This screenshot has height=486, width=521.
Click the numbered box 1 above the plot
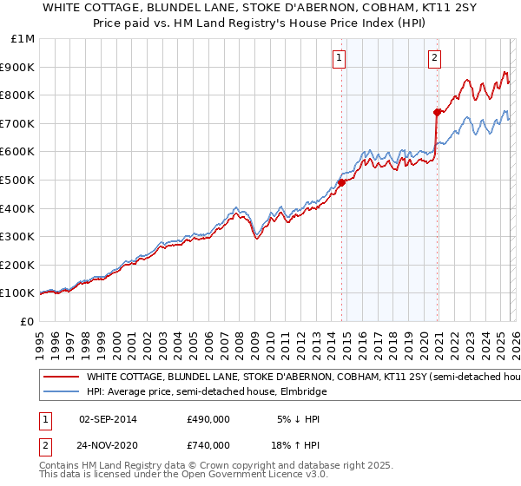(x=339, y=59)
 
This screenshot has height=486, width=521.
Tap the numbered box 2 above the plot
(x=434, y=59)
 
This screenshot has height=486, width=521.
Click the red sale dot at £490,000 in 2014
(x=341, y=182)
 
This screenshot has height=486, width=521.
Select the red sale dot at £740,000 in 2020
(x=437, y=112)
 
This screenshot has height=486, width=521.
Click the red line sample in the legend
(x=61, y=378)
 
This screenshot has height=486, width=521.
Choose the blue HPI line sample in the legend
(x=61, y=392)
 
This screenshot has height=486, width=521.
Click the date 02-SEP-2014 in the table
(x=108, y=418)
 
